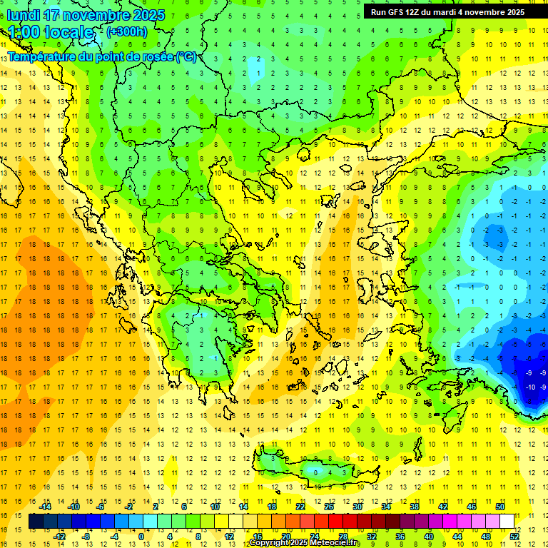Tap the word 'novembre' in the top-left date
point(96,15)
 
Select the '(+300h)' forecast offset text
point(126,32)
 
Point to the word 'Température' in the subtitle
point(44,56)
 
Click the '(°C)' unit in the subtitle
point(186,56)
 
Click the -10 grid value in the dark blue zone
point(530,387)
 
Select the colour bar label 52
point(514,536)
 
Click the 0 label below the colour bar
point(141,536)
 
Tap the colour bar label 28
point(342,536)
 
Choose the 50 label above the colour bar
point(499,507)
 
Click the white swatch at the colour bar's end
point(507,522)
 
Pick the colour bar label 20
point(285,536)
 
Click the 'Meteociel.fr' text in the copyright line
point(335,543)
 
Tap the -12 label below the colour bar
point(59,536)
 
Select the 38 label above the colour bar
point(414,507)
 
